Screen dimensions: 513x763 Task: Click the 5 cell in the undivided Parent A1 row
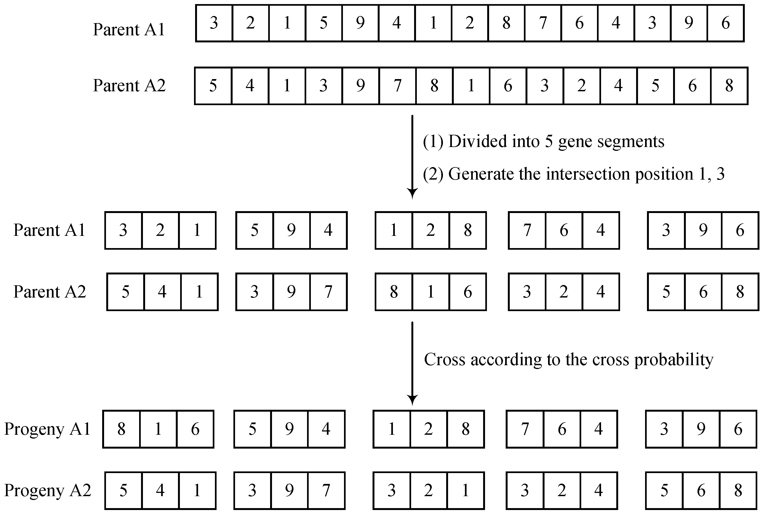pyautogui.click(x=324, y=23)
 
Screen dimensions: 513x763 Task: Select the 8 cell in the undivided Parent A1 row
pyautogui.click(x=506, y=23)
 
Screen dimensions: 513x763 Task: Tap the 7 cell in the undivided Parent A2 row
pyautogui.click(x=398, y=86)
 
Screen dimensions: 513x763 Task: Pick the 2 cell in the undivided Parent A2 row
pyautogui.click(x=581, y=86)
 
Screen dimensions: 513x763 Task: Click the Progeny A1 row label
pyautogui.click(x=48, y=429)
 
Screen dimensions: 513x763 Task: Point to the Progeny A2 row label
pyautogui.click(x=48, y=490)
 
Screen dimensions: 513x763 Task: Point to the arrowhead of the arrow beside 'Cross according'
pyautogui.click(x=412, y=399)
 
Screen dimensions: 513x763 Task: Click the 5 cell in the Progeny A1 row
pyautogui.click(x=252, y=429)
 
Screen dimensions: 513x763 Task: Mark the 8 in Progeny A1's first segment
pyautogui.click(x=121, y=429)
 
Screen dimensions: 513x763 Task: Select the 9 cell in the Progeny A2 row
pyautogui.click(x=289, y=490)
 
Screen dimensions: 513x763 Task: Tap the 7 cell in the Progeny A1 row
pyautogui.click(x=525, y=429)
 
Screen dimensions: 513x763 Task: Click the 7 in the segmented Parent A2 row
pyautogui.click(x=328, y=292)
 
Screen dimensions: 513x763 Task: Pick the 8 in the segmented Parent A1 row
pyautogui.click(x=468, y=230)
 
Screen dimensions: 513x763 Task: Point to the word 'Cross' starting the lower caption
pyautogui.click(x=445, y=360)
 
